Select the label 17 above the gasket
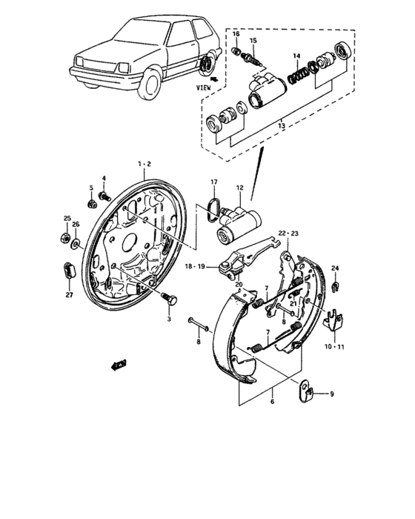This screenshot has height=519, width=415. (x=213, y=182)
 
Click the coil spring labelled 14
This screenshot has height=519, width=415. (x=298, y=73)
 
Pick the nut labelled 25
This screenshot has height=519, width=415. (x=64, y=239)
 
